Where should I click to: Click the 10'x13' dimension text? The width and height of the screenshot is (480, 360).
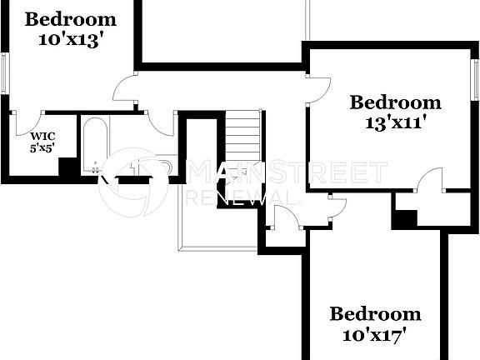(70, 39)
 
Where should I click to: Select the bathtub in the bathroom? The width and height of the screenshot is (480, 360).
(94, 145)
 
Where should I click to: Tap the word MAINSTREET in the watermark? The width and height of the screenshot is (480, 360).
(288, 174)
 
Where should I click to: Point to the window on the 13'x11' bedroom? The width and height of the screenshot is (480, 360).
(476, 81)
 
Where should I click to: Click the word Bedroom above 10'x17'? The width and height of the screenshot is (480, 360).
(375, 314)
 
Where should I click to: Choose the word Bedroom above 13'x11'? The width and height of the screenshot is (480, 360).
(395, 102)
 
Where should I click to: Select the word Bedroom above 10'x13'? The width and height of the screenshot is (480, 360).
(70, 18)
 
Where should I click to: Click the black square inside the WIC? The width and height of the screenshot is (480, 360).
(67, 166)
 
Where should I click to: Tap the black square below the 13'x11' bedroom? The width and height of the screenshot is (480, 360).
(404, 218)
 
